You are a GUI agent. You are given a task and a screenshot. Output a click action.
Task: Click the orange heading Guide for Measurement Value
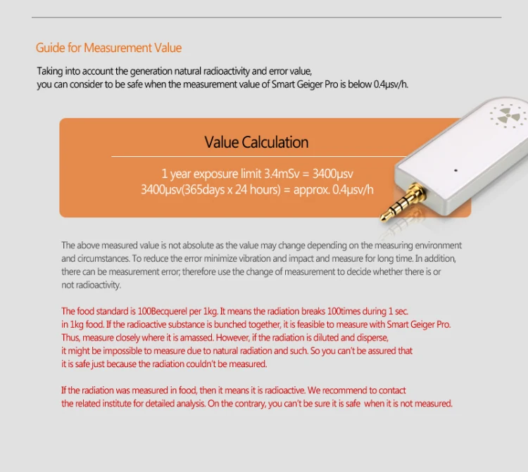(x=108, y=48)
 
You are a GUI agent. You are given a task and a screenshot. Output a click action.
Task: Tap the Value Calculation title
(x=256, y=142)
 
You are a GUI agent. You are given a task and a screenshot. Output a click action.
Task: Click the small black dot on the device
(x=455, y=170)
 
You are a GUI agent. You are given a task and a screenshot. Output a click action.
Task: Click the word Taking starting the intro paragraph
(x=50, y=72)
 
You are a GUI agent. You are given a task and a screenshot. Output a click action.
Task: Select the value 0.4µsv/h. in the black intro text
(x=391, y=84)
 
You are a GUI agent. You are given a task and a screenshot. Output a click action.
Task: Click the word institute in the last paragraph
(x=116, y=403)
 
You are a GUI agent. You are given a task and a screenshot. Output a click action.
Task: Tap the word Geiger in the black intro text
(x=310, y=84)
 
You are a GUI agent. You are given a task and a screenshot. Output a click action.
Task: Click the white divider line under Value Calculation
(x=258, y=156)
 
